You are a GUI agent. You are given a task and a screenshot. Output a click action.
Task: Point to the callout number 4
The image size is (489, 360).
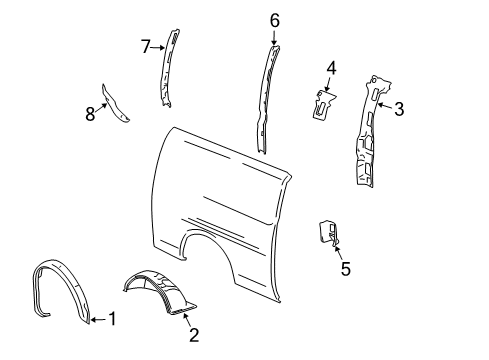click(x=331, y=69)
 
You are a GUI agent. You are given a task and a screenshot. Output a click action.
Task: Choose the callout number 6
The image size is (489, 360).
click(x=274, y=19)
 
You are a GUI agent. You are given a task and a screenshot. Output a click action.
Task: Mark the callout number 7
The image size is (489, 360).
click(x=145, y=46)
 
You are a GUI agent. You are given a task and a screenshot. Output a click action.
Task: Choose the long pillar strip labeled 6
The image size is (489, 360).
click(x=267, y=95)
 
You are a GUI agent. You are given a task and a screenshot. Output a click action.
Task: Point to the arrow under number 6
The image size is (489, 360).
click(x=274, y=36)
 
